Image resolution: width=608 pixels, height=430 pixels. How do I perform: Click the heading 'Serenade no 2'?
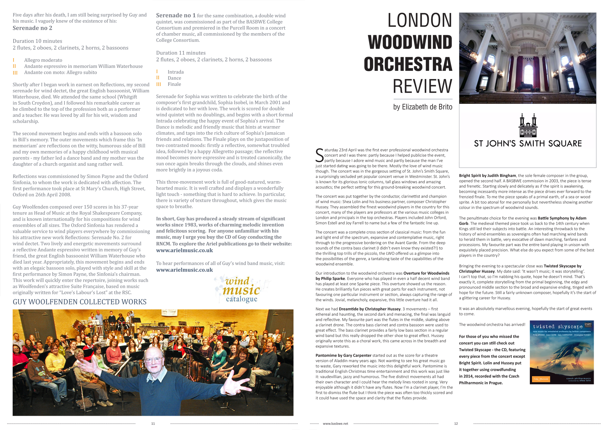click(x=32, y=28)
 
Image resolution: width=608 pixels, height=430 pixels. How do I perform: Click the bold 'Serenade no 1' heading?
click(x=176, y=15)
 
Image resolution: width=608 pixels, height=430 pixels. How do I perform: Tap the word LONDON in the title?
click(x=420, y=21)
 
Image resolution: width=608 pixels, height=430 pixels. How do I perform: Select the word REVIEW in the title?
click(x=422, y=86)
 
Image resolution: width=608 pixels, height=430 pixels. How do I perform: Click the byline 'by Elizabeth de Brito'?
click(x=422, y=107)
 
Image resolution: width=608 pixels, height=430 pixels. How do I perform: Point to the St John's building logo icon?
click(x=528, y=126)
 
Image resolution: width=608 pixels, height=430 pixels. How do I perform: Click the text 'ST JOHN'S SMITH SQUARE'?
click(x=528, y=144)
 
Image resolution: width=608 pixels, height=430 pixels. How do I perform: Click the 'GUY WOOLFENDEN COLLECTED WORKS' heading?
click(x=79, y=302)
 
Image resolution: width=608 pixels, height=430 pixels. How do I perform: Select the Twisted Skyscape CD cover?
click(x=561, y=353)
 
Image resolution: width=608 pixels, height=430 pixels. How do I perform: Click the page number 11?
click(x=153, y=424)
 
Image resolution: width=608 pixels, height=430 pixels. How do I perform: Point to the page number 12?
click(x=456, y=424)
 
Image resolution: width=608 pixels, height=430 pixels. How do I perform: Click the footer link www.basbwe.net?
click(x=335, y=424)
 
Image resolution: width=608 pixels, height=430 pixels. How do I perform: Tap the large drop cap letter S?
click(x=320, y=155)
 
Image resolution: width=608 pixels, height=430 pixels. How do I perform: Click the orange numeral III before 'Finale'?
click(x=158, y=84)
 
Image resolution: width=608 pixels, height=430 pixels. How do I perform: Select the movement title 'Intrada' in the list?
click(x=175, y=72)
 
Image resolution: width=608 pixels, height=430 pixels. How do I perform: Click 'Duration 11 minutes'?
click(x=181, y=53)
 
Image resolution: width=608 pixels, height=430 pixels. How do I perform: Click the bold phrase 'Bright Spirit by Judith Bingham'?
click(x=487, y=176)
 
